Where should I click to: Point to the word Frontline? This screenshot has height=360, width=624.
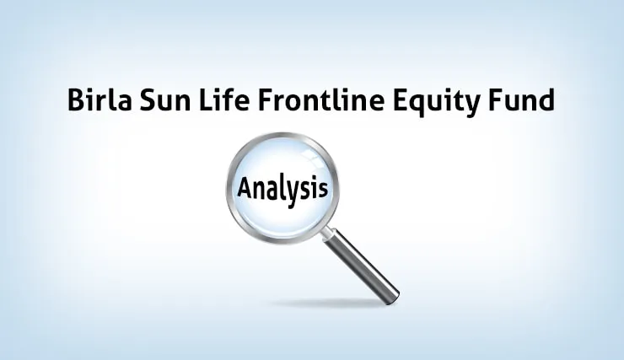tap(321, 99)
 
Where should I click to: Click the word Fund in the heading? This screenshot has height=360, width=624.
tap(521, 99)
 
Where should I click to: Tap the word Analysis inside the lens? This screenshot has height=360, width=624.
tap(282, 190)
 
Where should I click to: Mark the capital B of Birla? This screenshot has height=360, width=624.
tap(77, 100)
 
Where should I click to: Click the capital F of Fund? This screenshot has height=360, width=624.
tap(495, 100)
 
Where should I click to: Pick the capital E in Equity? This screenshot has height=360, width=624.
tap(401, 100)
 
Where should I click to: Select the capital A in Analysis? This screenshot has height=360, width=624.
tap(245, 186)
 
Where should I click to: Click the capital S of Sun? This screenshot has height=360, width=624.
tap(148, 100)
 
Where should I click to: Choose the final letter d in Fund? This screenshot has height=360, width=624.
tap(546, 100)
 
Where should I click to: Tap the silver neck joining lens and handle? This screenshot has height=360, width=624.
tap(328, 234)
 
